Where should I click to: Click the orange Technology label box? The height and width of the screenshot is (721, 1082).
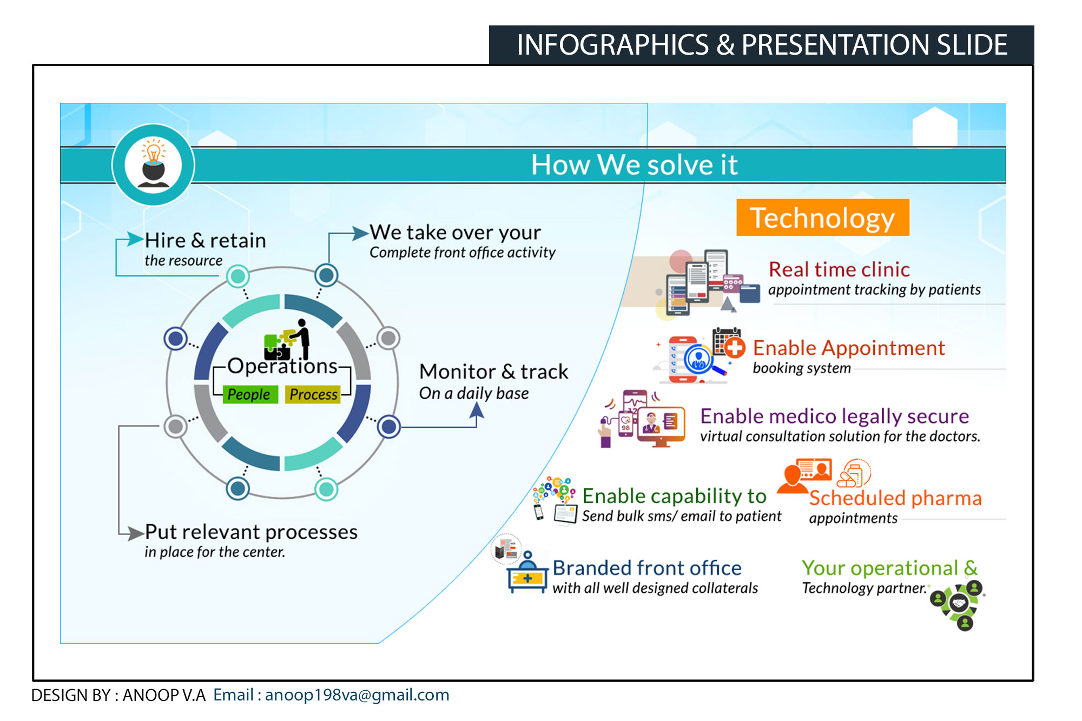pos(822,217)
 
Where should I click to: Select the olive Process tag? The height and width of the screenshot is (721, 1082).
pos(313,394)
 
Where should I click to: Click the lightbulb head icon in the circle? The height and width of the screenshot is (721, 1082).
pos(154,164)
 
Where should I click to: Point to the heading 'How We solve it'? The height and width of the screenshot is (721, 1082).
pos(634,164)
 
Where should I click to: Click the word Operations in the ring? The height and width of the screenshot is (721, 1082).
pos(282,366)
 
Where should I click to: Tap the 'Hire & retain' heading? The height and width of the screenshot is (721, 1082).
pos(206,240)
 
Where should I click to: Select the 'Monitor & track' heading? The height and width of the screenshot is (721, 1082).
pos(493,372)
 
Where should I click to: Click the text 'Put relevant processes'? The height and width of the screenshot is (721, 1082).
pos(251,532)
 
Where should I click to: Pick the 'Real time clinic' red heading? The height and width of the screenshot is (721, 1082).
pos(839,269)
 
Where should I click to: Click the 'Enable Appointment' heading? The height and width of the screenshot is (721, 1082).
pos(849,348)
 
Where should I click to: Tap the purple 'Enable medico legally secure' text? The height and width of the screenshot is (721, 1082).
pos(834,416)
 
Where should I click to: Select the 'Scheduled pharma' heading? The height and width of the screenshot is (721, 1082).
pos(895,498)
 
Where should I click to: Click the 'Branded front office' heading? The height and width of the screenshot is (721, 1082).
pos(647,568)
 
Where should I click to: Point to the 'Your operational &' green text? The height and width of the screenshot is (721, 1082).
pos(889,568)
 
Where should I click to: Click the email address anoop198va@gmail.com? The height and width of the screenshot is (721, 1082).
pos(357,695)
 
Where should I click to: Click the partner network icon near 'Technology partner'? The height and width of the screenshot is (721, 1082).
pos(958,604)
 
